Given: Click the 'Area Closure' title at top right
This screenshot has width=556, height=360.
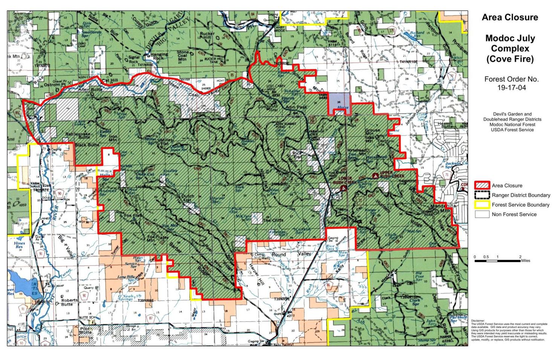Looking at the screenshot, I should (x=510, y=17).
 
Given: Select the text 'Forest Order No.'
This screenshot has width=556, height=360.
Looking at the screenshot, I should (x=511, y=79).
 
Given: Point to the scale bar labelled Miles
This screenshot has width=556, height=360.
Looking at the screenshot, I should (x=497, y=260).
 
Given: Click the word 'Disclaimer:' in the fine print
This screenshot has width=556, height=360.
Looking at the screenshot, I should (x=478, y=321).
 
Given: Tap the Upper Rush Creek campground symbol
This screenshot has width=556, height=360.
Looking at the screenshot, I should (x=375, y=176).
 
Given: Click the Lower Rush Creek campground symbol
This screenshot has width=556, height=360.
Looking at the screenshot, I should (x=343, y=188).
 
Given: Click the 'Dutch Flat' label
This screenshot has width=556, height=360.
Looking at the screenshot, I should (x=188, y=199).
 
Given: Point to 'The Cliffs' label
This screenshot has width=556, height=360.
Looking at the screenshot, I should (x=273, y=220).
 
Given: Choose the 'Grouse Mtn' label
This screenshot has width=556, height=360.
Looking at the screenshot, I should (x=372, y=132).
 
